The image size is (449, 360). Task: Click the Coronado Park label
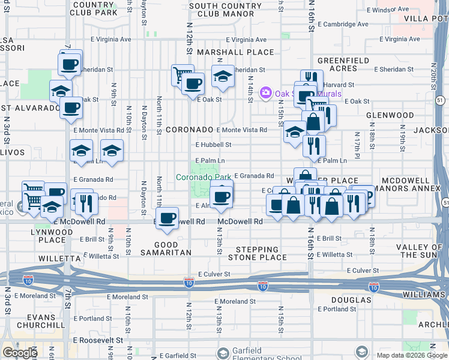[203, 177]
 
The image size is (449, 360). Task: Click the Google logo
[20, 352]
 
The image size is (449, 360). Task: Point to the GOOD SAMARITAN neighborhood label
[175, 249]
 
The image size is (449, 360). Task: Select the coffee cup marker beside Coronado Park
[221, 196]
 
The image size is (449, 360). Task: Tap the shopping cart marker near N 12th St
[182, 75]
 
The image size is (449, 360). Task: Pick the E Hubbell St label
[213, 145]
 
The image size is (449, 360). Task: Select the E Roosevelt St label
[97, 339]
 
